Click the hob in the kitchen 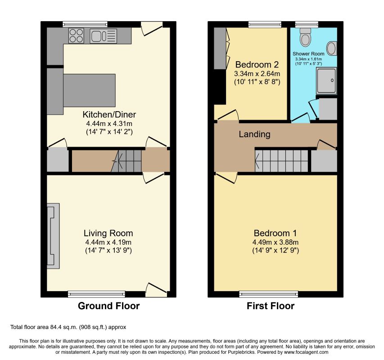(x=76, y=36)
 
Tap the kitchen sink (x=103, y=36)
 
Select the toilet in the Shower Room (x=305, y=37)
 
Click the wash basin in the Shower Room (x=332, y=48)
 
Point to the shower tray (x=326, y=81)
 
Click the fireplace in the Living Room (x=53, y=236)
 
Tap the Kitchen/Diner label (x=109, y=115)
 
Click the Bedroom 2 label (x=257, y=65)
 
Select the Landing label (x=255, y=134)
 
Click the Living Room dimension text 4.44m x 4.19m (x=108, y=242)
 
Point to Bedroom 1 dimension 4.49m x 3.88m (x=276, y=242)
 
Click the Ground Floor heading (x=109, y=306)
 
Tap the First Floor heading (x=271, y=306)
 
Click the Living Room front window (x=96, y=294)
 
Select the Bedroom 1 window (x=269, y=294)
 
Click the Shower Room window (x=307, y=24)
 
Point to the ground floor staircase (x=126, y=161)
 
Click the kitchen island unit (x=89, y=90)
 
